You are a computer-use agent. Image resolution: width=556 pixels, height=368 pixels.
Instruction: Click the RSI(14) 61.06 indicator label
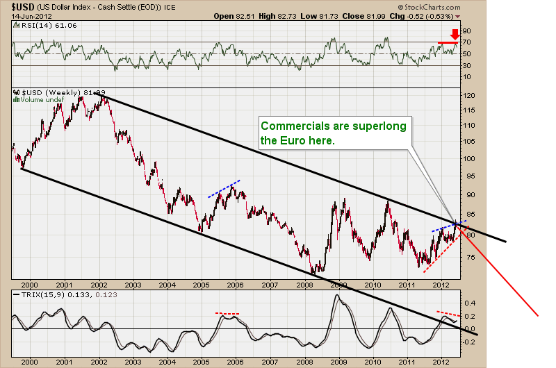(43, 26)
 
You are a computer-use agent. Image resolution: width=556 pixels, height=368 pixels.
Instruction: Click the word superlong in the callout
(369, 126)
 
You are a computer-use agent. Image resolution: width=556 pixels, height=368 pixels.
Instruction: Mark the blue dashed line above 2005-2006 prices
(224, 189)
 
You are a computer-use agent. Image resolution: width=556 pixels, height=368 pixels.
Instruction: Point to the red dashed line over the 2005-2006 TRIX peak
(227, 314)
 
